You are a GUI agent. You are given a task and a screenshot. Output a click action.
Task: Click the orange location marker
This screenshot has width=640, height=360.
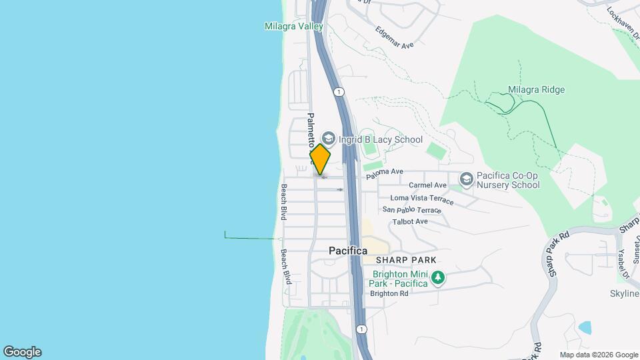(x=320, y=159)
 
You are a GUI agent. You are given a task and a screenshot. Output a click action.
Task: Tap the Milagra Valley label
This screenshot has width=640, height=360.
(x=293, y=27)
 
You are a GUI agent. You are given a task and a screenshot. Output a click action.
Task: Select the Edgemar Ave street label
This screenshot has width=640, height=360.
(x=394, y=37)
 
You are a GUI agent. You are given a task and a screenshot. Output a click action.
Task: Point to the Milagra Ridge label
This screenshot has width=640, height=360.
(x=536, y=90)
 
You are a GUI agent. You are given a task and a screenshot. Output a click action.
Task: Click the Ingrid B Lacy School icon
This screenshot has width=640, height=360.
(x=328, y=139)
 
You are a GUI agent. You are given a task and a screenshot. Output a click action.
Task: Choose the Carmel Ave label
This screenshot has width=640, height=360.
(x=427, y=185)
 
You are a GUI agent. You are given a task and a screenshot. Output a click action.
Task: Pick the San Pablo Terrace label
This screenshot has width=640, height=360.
(x=411, y=210)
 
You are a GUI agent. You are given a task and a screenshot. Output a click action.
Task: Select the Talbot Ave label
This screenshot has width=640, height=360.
(x=409, y=221)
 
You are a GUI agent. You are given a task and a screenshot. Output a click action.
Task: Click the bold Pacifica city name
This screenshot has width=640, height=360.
(x=348, y=251)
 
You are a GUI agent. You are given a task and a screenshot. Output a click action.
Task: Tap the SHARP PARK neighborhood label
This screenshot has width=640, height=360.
(x=405, y=260)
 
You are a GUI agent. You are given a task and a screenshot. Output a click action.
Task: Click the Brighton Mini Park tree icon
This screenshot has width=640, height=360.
(x=437, y=277)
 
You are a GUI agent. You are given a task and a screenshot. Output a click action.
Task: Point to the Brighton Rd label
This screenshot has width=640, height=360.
(x=389, y=293)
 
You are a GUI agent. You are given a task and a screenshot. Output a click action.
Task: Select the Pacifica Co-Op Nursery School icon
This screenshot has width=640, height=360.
(x=466, y=179)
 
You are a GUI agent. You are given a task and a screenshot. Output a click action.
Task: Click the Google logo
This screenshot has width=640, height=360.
(x=22, y=352)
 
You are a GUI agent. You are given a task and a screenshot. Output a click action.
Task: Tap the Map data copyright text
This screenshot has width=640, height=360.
(x=599, y=355)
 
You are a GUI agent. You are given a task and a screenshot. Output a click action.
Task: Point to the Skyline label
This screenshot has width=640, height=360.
(x=625, y=294)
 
